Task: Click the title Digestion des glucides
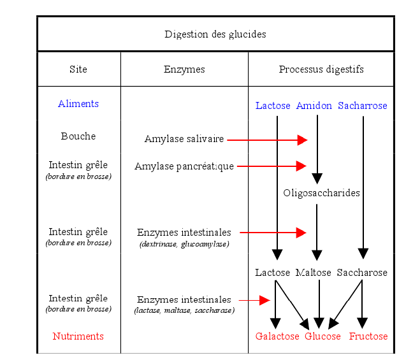(215, 34)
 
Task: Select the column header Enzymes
(184, 69)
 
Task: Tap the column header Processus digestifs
(321, 69)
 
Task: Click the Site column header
(78, 69)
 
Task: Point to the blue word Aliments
(78, 104)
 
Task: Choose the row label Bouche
(78, 136)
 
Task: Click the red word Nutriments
(78, 336)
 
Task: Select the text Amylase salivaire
(184, 139)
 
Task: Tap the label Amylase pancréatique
(184, 166)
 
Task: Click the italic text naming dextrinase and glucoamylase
(184, 244)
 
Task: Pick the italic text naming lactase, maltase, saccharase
(184, 310)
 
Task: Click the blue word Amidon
(314, 106)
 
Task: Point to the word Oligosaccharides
(321, 193)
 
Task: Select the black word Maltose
(313, 273)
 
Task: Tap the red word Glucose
(322, 336)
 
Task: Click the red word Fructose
(368, 336)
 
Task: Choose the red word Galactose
(277, 336)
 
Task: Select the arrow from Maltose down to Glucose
(319, 303)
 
